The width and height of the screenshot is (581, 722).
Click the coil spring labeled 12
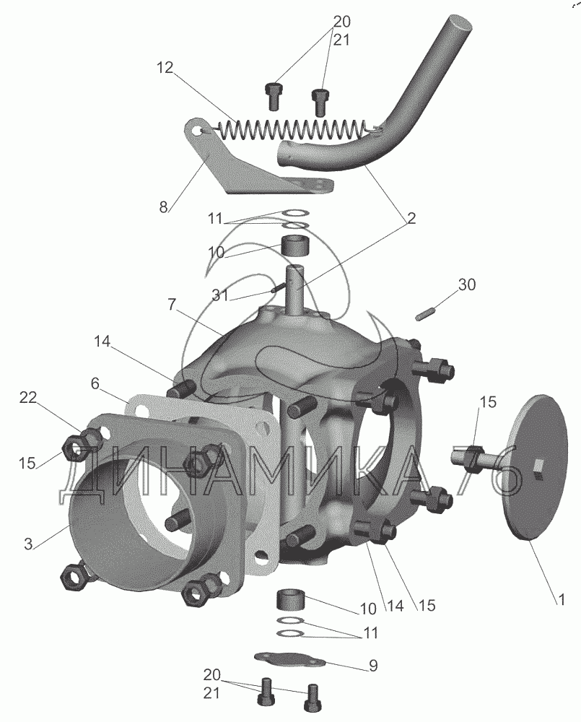click(x=290, y=129)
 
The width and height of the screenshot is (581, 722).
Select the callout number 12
click(x=165, y=68)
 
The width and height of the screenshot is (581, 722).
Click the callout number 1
click(x=561, y=599)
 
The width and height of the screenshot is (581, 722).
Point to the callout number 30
click(x=467, y=284)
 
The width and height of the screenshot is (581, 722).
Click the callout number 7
click(x=172, y=305)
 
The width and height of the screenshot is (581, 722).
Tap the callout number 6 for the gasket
click(x=95, y=383)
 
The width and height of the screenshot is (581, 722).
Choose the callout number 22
click(x=27, y=397)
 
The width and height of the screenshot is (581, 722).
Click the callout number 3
click(x=29, y=544)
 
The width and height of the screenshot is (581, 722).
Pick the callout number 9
click(x=373, y=665)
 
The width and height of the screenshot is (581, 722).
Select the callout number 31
click(x=220, y=295)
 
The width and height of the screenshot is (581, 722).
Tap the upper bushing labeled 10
click(x=294, y=246)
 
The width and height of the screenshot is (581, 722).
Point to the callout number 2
click(x=411, y=218)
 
